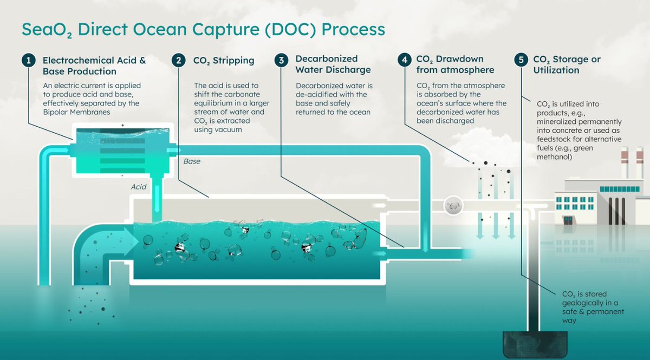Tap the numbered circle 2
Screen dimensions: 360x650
179,60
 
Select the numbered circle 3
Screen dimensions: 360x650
281,60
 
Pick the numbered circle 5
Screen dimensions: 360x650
521,60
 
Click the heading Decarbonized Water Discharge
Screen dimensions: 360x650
333,64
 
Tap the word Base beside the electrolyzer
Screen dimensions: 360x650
192,161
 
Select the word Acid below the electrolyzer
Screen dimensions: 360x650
139,186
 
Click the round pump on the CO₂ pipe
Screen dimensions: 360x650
453,205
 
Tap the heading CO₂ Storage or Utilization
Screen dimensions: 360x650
567,64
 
